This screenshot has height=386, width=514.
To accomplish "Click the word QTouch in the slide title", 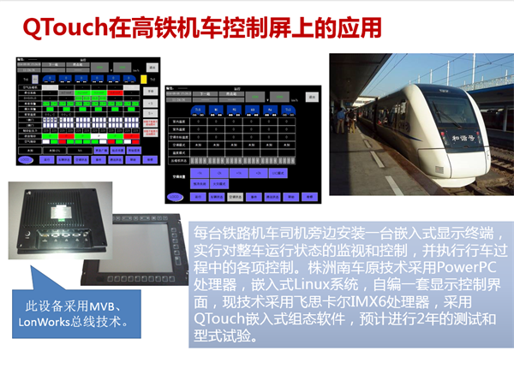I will (64, 27).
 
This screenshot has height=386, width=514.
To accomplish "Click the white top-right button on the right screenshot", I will (312, 98).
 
